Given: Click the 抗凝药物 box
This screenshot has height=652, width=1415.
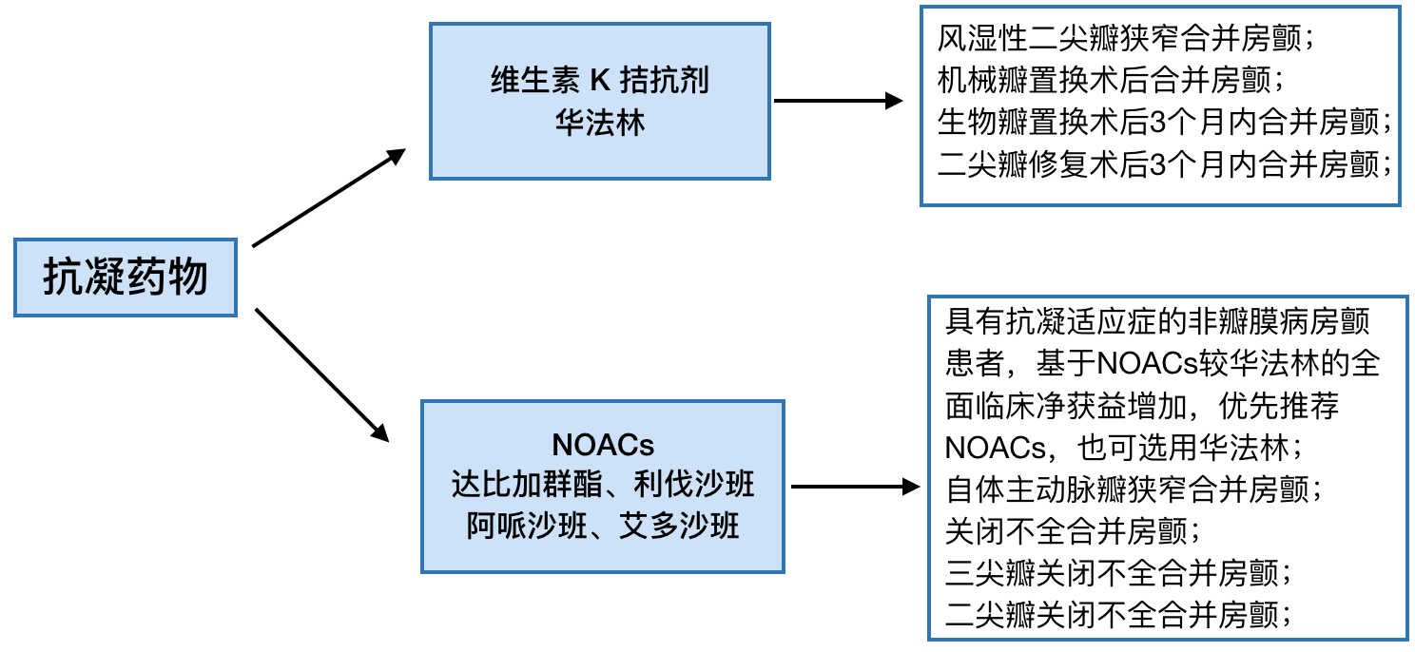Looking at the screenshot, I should point(126,278).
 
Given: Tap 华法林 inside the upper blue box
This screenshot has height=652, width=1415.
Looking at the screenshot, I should point(600,124).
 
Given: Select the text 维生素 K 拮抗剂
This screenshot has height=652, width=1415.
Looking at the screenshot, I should point(600,81).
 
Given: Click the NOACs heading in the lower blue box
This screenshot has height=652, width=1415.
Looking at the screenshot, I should point(603,445).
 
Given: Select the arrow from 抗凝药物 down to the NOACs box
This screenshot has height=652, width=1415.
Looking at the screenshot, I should point(323,374).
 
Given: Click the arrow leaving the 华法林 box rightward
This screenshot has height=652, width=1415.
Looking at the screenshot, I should point(838,100).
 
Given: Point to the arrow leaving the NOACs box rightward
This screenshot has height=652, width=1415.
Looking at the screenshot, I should point(856,487).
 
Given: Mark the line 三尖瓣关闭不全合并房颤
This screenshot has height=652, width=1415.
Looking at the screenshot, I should point(1118,573).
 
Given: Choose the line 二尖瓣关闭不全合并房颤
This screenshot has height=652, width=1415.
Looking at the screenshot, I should point(1118,613).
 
